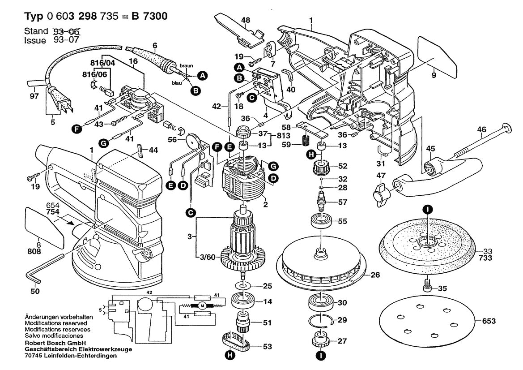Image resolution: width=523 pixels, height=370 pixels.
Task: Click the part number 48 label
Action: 246,20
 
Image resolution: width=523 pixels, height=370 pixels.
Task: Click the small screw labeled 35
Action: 427,284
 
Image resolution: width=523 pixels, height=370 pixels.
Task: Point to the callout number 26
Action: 375,275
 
